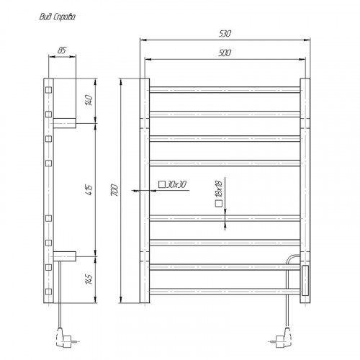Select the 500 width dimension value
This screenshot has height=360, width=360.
tap(225, 52)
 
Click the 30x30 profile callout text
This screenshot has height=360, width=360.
tap(176, 186)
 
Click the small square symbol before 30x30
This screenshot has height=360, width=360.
tap(162, 186)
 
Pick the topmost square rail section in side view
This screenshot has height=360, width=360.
tap(49, 90)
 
